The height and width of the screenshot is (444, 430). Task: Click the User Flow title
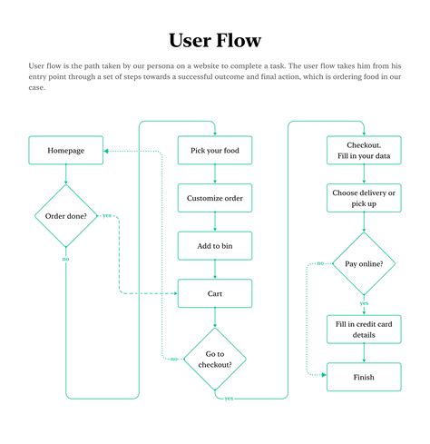click(x=215, y=40)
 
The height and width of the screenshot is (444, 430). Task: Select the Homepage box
click(x=65, y=150)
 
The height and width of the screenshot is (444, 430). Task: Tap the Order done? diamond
click(x=65, y=215)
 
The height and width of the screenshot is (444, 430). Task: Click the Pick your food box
click(x=215, y=150)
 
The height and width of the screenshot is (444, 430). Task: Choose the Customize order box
click(x=215, y=198)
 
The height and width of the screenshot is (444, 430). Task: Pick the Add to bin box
click(x=215, y=246)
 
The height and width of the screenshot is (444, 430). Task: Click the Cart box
click(x=215, y=293)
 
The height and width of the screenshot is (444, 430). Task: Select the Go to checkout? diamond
click(x=215, y=359)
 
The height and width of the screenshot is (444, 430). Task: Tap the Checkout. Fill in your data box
click(x=364, y=150)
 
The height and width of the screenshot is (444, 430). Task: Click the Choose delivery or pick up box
click(x=364, y=198)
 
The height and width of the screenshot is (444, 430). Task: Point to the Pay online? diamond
click(x=364, y=263)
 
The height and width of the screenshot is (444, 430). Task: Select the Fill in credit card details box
click(x=364, y=329)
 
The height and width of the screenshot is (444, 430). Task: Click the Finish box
click(x=364, y=376)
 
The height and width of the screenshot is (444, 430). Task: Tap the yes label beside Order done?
click(x=107, y=215)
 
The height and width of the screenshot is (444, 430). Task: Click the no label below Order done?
click(x=65, y=260)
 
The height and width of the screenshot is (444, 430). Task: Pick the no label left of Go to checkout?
click(x=173, y=359)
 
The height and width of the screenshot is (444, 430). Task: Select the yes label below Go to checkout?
click(x=228, y=398)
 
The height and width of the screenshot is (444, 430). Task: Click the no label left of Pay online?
click(x=321, y=263)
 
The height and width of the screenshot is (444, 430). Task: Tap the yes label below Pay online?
click(x=364, y=303)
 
